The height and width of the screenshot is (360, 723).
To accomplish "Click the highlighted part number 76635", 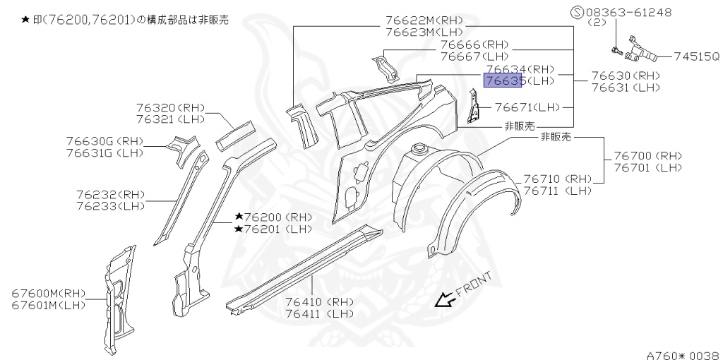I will (x=502, y=81).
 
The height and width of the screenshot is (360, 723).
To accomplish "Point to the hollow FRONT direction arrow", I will (x=445, y=301).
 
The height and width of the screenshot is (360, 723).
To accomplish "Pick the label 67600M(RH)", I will (x=48, y=293).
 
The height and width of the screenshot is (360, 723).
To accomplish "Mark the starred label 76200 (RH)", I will (x=273, y=217).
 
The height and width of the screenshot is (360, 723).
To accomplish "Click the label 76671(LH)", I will (x=527, y=107).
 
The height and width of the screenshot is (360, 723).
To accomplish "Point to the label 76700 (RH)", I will (x=647, y=155).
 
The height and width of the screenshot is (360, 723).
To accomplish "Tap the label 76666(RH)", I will (x=474, y=44).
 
